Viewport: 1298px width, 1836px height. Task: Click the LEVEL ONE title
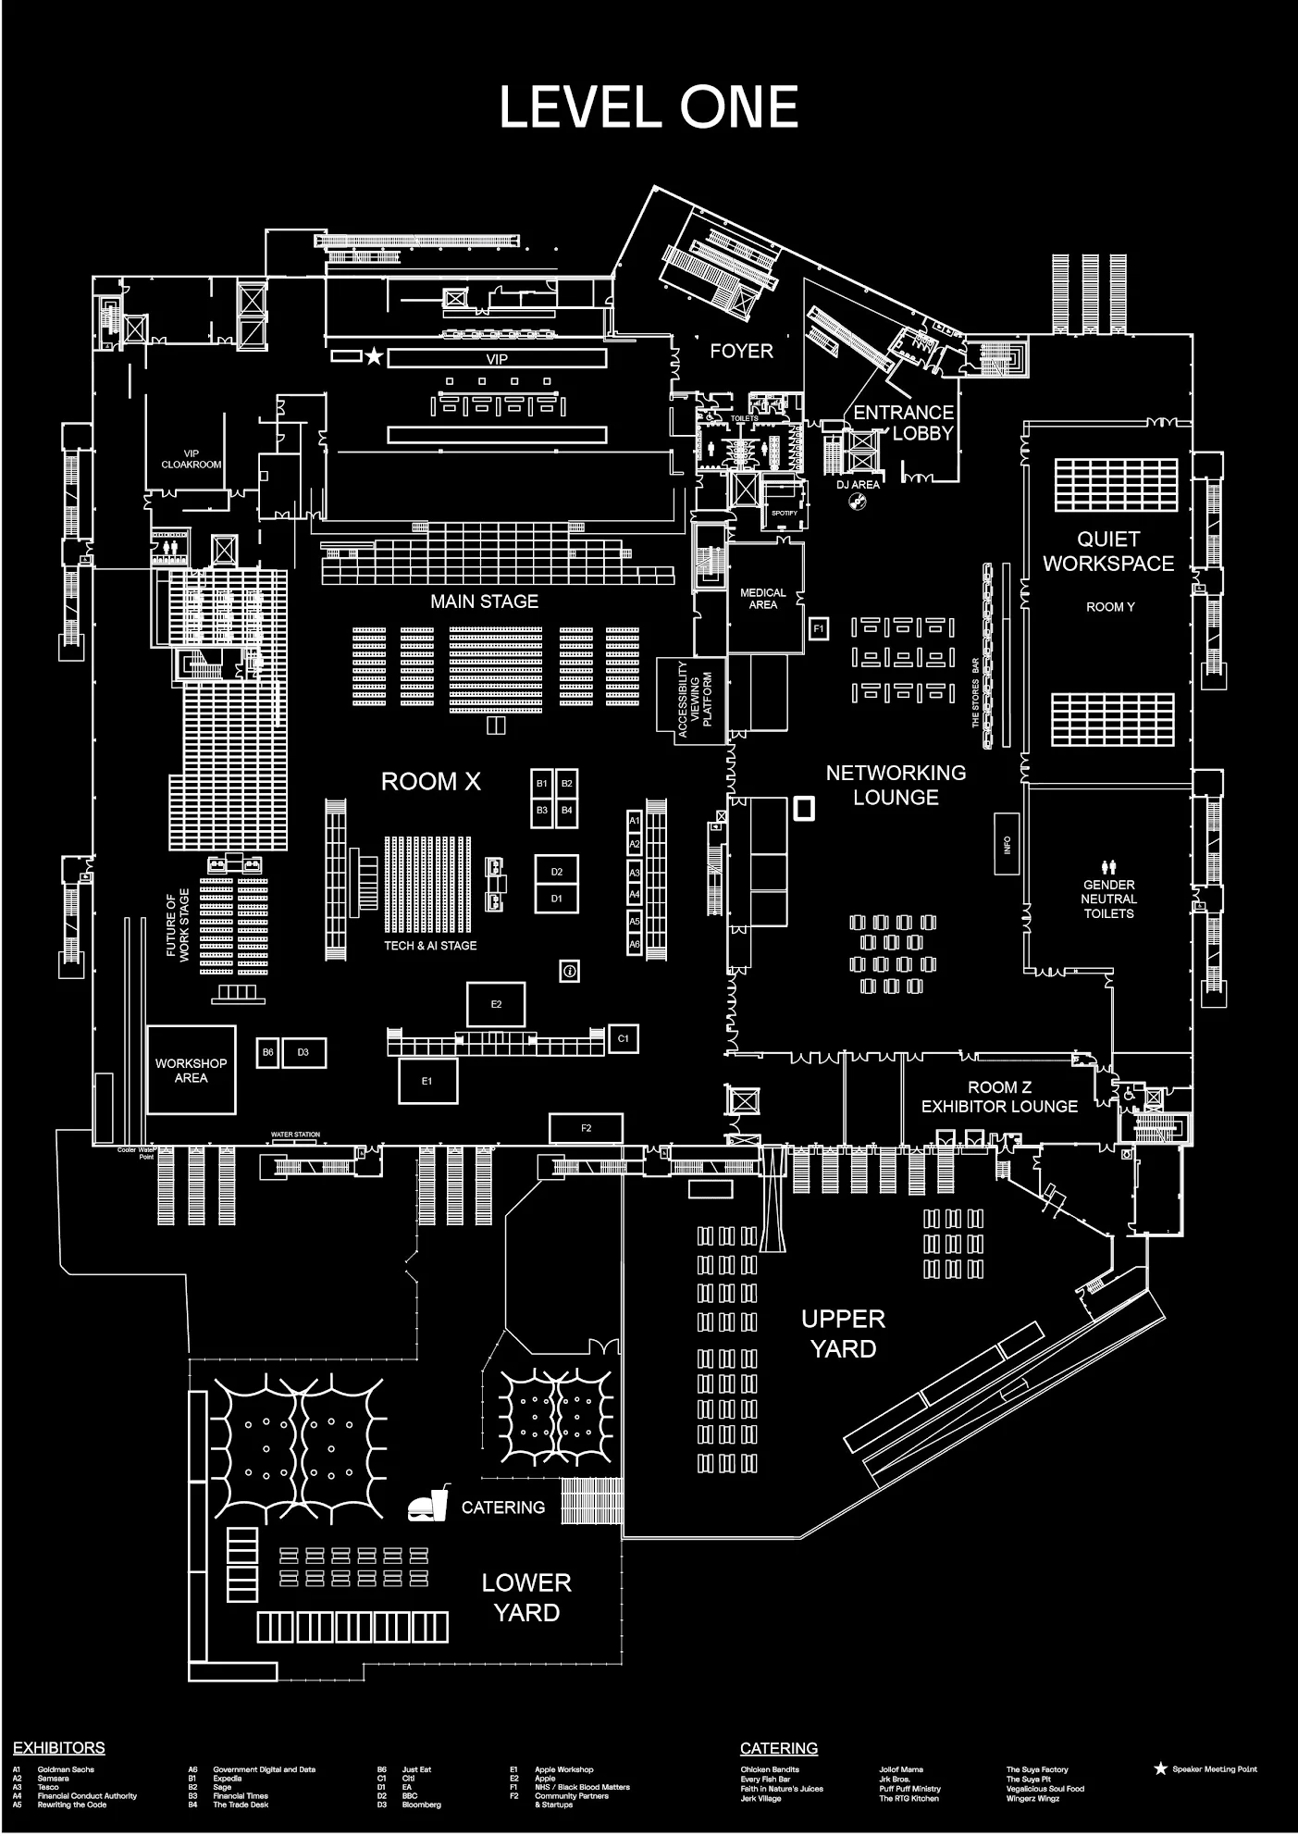point(648,107)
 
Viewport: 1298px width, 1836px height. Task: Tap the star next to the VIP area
point(373,356)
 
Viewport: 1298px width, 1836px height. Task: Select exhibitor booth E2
point(496,1004)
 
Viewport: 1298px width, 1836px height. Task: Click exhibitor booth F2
point(586,1128)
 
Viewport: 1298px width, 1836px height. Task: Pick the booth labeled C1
point(623,1038)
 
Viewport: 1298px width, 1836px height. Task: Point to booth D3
point(303,1052)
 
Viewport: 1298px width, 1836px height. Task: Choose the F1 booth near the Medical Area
point(818,629)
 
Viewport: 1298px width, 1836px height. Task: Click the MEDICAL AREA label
point(762,599)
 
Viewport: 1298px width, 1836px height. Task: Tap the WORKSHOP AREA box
point(191,1070)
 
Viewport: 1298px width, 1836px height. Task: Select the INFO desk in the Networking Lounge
point(1007,844)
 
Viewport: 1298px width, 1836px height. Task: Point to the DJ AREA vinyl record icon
point(859,502)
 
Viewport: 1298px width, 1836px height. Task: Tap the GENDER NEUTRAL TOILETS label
point(1108,899)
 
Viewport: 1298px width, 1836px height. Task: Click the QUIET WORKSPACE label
point(1108,551)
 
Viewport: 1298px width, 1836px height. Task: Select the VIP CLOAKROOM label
point(192,459)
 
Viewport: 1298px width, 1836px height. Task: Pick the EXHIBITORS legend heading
point(58,1748)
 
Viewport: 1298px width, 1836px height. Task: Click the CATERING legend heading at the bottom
point(778,1748)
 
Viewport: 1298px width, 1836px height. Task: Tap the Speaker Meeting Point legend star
point(1160,1768)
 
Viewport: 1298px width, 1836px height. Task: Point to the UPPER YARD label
point(843,1334)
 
